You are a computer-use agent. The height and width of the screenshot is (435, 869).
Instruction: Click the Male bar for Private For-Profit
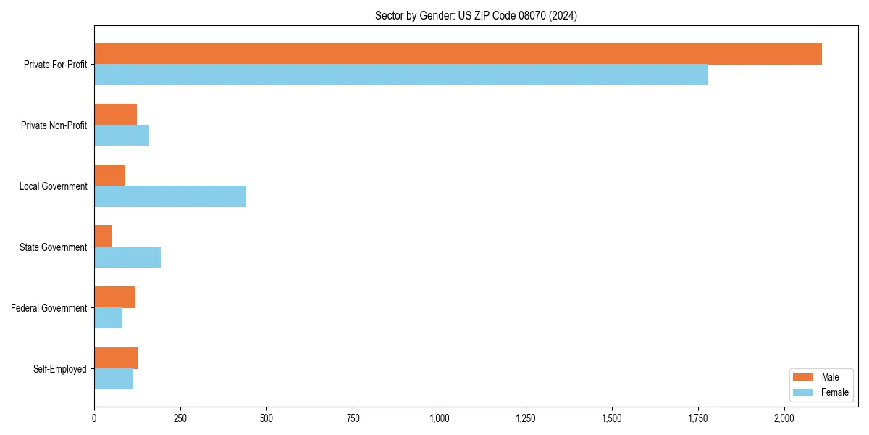[458, 54]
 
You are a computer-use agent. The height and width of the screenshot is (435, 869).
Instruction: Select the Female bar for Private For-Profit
[401, 75]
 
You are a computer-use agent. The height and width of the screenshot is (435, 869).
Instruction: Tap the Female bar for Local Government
[170, 196]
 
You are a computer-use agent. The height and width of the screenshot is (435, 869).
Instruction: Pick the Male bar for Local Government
[109, 175]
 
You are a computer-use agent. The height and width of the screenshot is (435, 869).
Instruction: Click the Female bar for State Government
[127, 257]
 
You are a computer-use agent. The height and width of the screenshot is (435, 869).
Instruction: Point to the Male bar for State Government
[103, 236]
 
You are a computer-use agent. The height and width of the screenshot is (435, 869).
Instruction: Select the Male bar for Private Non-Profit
[115, 115]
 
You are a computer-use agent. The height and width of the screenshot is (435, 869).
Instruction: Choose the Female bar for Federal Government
[108, 318]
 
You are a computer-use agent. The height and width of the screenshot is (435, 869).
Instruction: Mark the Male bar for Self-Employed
[116, 358]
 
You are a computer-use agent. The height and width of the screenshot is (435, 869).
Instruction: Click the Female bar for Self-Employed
[114, 379]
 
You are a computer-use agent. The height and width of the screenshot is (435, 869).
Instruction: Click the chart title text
[476, 15]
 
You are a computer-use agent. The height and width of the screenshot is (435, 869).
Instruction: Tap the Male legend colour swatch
[804, 377]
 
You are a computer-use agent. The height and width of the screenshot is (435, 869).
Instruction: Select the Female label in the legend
[834, 392]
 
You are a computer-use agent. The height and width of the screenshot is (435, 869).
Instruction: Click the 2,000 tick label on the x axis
[785, 418]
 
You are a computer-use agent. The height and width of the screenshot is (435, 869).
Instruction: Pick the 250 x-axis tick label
[180, 418]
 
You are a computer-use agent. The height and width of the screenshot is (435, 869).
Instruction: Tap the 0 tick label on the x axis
[94, 418]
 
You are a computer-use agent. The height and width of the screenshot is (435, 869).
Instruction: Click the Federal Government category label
[49, 308]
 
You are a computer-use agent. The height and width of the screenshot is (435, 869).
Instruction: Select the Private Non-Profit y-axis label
[54, 125]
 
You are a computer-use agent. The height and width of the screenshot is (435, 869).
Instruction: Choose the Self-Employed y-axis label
[60, 369]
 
